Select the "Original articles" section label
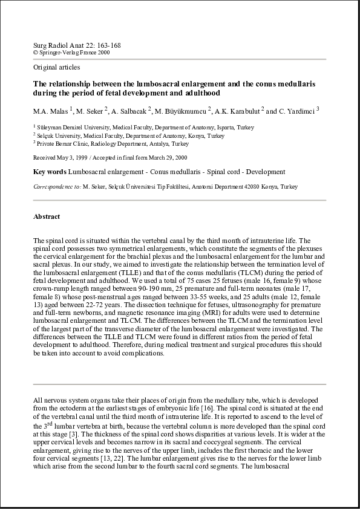pyautogui.click(x=56, y=68)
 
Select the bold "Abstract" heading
pyautogui.click(x=47, y=216)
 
